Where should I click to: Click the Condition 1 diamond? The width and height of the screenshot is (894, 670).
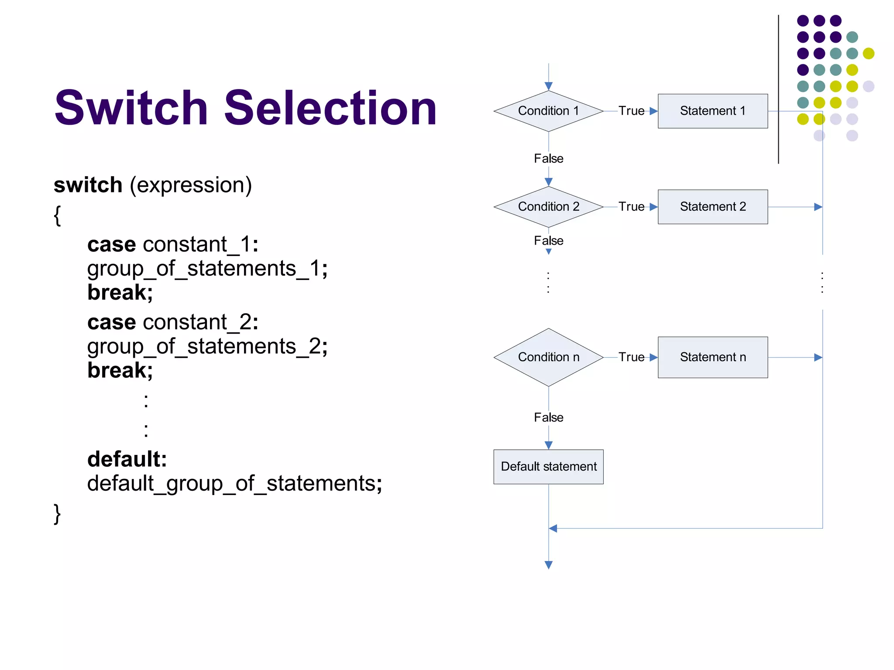[x=548, y=111]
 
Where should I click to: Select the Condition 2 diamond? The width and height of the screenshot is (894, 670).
[x=548, y=206]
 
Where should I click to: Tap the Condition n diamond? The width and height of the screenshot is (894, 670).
[x=548, y=357]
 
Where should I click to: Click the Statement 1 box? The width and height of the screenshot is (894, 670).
[x=712, y=111]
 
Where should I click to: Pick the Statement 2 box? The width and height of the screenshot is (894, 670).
[x=712, y=206]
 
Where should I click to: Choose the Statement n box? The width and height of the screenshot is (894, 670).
[x=712, y=357]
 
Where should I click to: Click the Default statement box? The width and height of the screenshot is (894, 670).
[x=548, y=466]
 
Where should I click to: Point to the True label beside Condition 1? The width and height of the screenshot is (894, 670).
[x=631, y=111]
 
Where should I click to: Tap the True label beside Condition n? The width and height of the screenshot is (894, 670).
[x=631, y=357]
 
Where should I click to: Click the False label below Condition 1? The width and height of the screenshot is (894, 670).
[x=548, y=158]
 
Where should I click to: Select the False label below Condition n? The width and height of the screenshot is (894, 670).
[x=548, y=417]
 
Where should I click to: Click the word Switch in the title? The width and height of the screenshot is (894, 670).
[x=131, y=108]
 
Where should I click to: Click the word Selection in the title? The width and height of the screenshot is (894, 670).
[x=330, y=108]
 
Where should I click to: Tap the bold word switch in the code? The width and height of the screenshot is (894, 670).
[x=88, y=185]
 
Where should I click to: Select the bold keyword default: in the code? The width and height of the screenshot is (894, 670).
[x=127, y=459]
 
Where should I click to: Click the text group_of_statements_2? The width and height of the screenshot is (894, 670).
[x=207, y=346]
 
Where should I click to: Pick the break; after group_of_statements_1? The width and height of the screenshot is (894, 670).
[x=120, y=292]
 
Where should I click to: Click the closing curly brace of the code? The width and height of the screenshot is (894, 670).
[x=57, y=514]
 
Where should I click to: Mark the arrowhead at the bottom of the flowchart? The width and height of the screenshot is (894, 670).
[x=549, y=565]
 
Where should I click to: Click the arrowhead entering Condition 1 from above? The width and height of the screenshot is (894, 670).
[x=549, y=86]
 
